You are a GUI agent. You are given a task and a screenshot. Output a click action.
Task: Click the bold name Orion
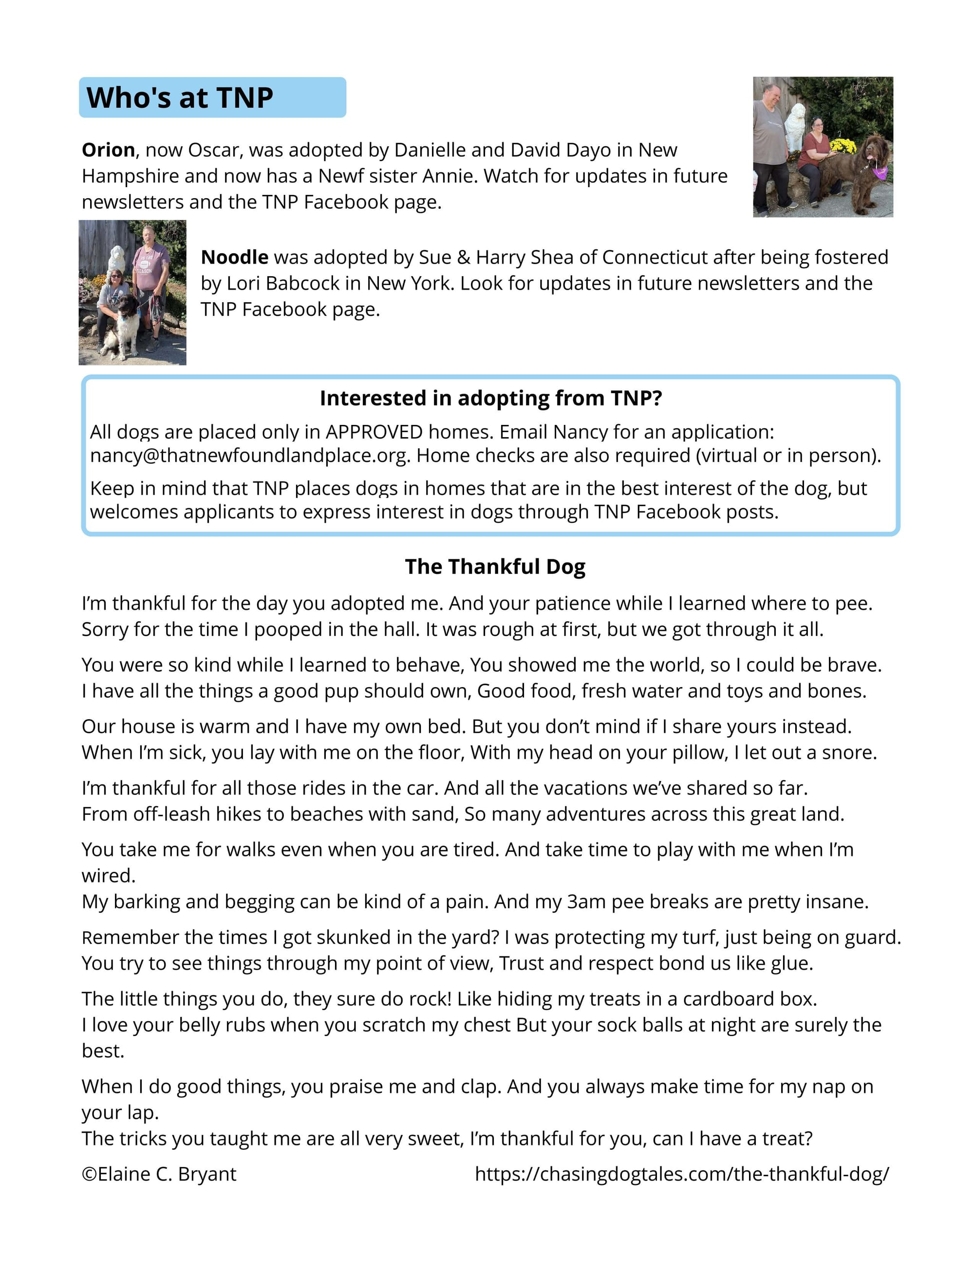[x=108, y=150]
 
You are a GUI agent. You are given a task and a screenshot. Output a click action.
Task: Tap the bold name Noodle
[x=234, y=257]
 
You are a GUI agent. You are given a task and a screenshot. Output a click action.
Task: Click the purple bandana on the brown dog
[x=880, y=172]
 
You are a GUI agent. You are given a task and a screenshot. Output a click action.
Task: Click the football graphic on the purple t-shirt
[x=144, y=263]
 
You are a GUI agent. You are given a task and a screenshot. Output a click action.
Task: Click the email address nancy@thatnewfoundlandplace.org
[x=250, y=456]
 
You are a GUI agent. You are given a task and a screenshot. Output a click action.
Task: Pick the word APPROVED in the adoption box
[x=375, y=432]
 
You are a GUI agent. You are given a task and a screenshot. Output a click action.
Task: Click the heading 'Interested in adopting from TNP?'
[x=490, y=399]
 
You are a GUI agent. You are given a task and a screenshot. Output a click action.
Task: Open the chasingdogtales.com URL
[x=681, y=1174]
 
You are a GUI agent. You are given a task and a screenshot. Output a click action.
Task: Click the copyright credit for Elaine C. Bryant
[x=159, y=1174]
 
